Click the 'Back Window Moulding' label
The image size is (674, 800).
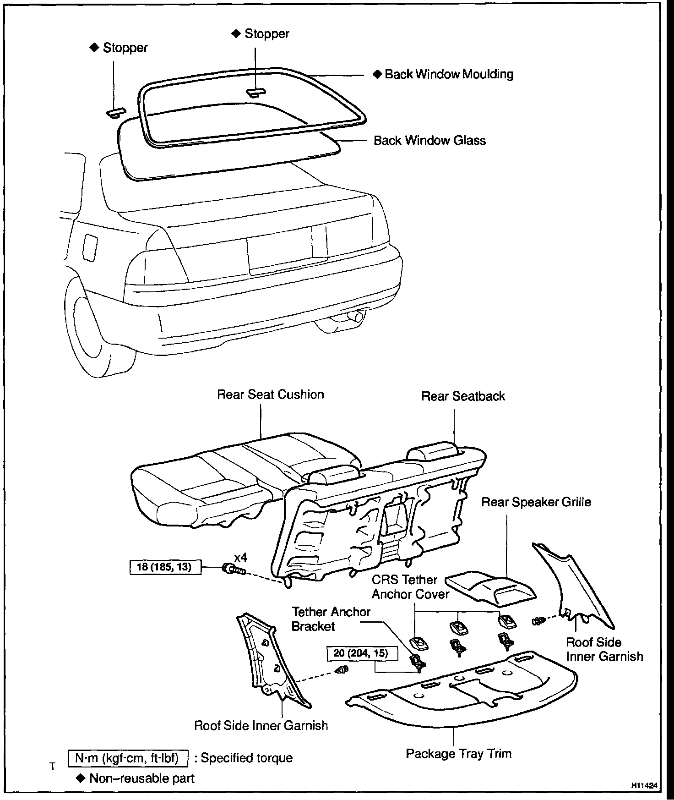click(449, 74)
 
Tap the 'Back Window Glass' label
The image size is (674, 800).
click(429, 140)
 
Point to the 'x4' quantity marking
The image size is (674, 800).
click(240, 558)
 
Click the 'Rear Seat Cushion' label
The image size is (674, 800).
click(270, 395)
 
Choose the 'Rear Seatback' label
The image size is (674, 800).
click(463, 396)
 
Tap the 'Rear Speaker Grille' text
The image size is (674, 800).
click(536, 502)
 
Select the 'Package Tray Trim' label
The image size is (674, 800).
click(458, 753)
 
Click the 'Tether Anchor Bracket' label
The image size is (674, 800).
click(331, 619)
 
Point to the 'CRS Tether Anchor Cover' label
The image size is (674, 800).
click(410, 586)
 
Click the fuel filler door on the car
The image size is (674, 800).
click(90, 247)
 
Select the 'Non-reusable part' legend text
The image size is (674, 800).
click(142, 778)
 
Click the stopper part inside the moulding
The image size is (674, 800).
click(255, 93)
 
